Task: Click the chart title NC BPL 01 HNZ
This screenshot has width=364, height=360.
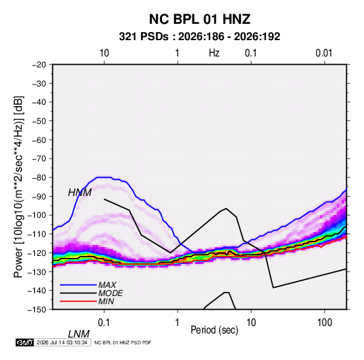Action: coord(199,19)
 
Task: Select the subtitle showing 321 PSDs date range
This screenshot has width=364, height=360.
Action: coord(199,37)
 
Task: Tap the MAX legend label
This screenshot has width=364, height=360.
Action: coord(107,284)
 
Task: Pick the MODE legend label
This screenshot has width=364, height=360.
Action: coord(110,293)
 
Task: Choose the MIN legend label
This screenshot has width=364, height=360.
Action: coord(106,301)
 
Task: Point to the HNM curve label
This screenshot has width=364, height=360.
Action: coord(80,193)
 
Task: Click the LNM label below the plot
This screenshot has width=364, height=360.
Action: coord(79,334)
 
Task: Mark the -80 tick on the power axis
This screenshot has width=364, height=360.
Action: coord(39,178)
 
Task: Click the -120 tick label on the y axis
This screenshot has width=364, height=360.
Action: coord(37,252)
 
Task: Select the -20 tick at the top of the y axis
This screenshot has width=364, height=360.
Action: coord(39,65)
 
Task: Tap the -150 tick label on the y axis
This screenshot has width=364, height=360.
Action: coord(37,310)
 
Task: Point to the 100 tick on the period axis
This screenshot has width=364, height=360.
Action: coord(325,323)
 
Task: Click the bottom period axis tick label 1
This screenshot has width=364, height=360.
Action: coord(178,323)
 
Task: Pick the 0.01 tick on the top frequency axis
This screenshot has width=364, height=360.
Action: coord(324,53)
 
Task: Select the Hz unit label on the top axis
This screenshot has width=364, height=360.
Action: coord(214,53)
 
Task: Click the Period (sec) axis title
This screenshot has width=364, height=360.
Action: coord(214,330)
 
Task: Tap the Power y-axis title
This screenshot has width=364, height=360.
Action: coord(18,186)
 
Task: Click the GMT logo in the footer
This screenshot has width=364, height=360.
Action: coord(25,342)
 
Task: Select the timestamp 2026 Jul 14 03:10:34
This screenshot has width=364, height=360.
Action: coord(62,342)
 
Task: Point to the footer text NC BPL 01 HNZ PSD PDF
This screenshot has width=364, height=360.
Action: coord(122,342)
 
